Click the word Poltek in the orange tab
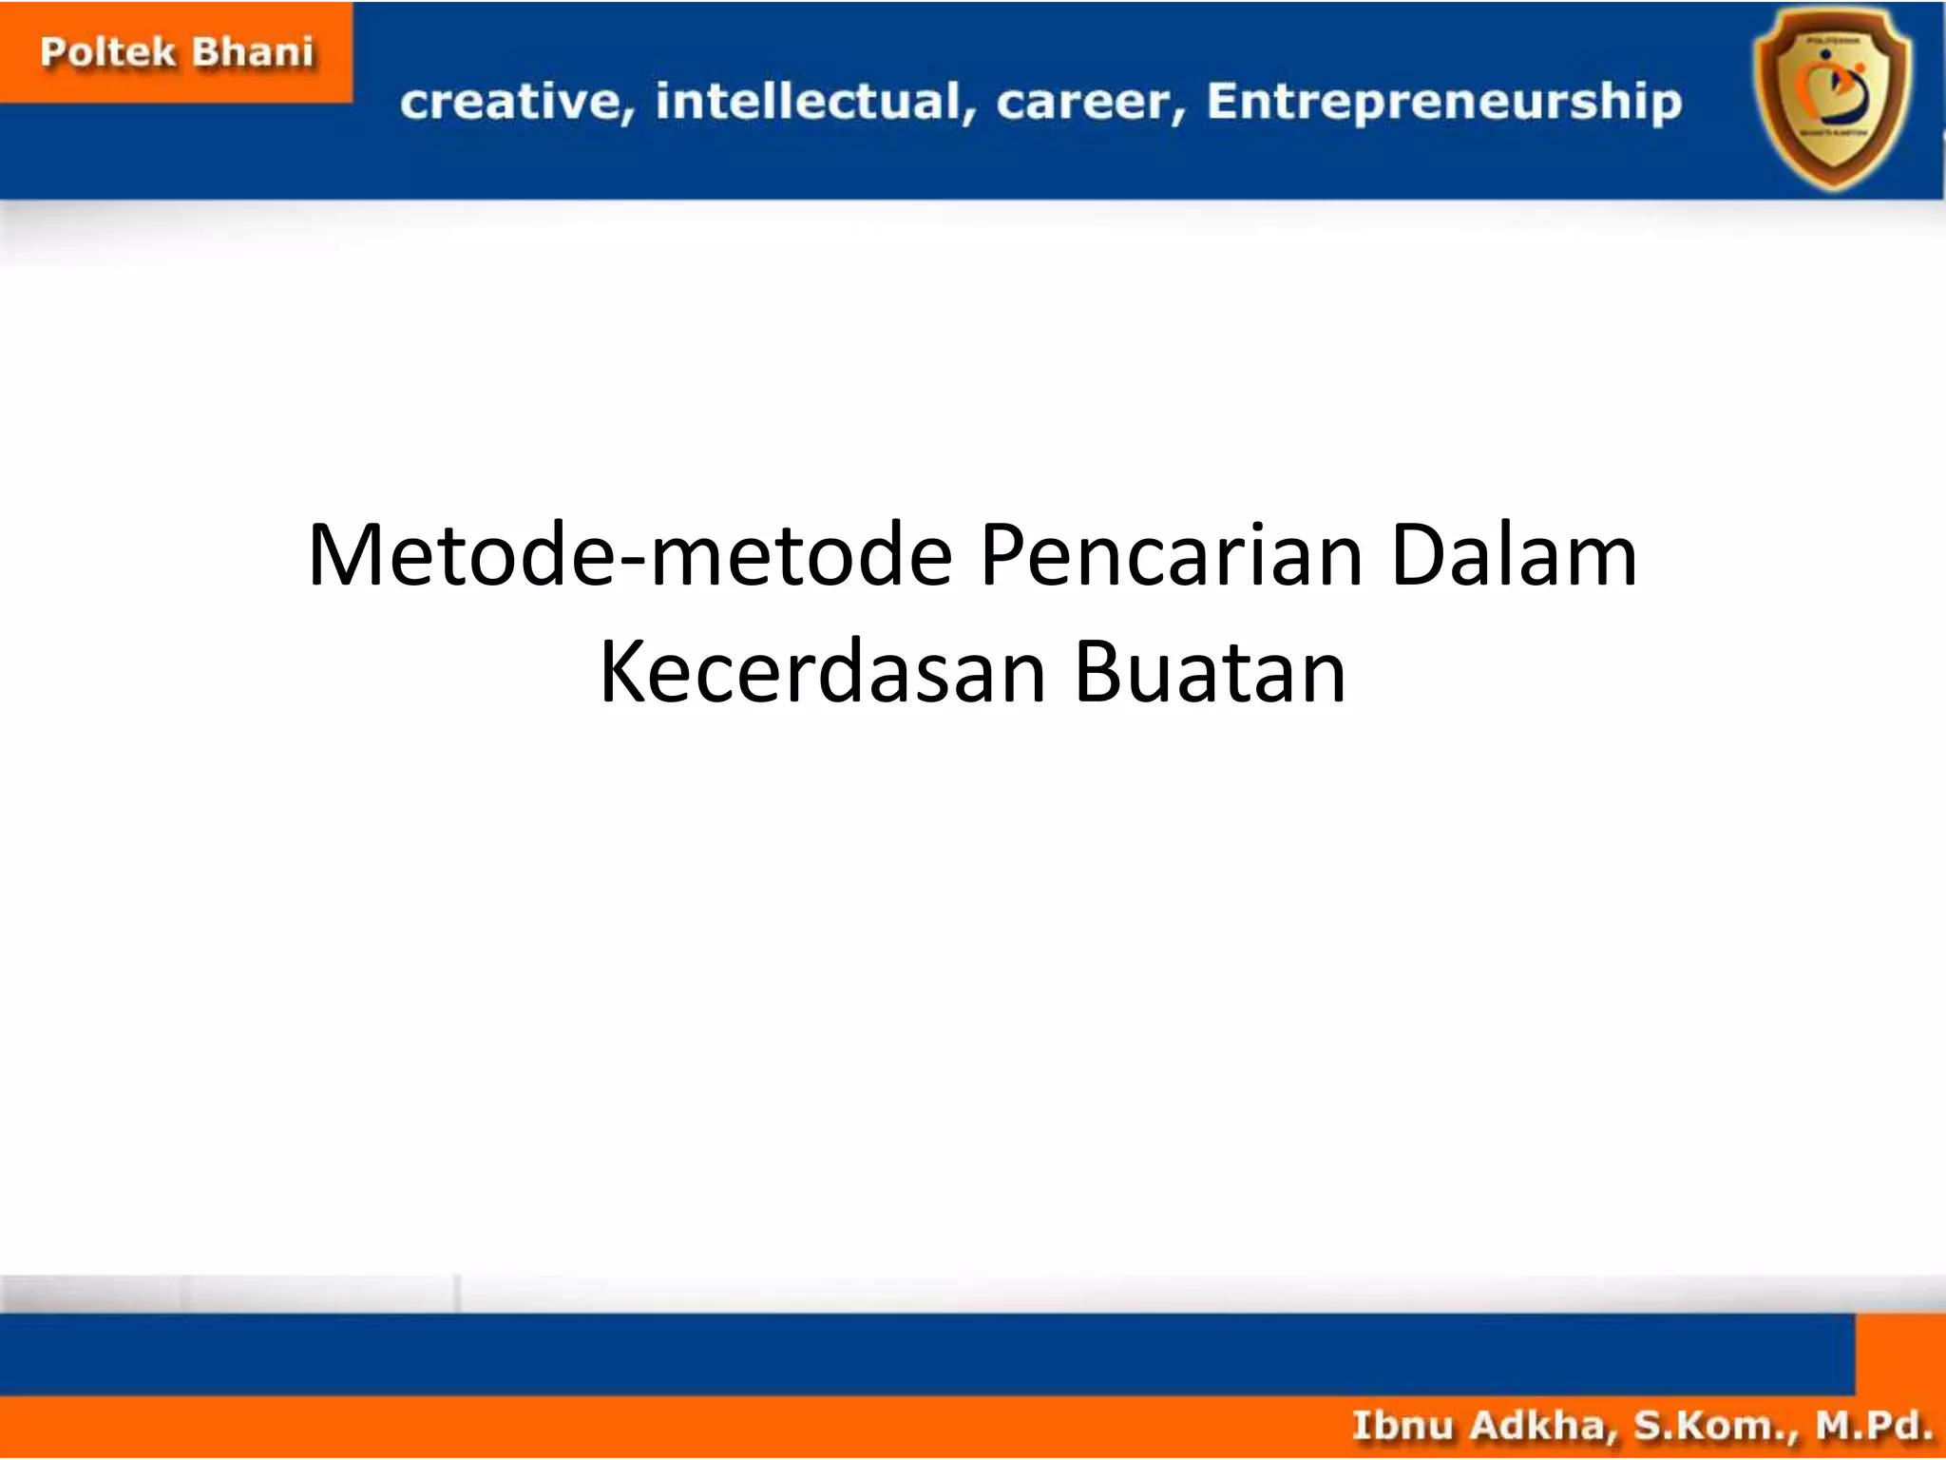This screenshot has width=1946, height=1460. click(x=108, y=52)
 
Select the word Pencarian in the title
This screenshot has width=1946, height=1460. click(x=1172, y=556)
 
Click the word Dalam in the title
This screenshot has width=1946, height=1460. click(x=1515, y=556)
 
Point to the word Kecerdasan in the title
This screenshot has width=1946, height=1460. click(x=823, y=673)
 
